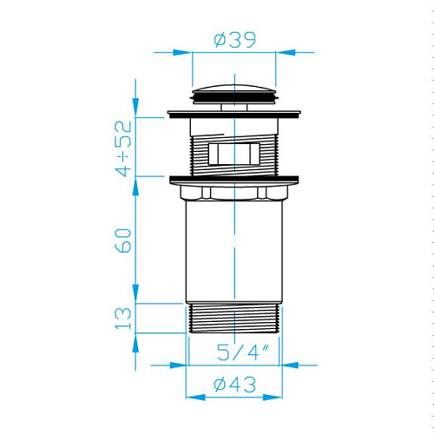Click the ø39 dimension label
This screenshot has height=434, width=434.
click(x=235, y=40)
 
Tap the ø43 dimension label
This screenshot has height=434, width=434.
click(x=235, y=385)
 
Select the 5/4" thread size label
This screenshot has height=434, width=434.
click(x=243, y=352)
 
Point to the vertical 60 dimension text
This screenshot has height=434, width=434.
click(x=123, y=240)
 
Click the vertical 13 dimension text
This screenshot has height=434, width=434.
click(x=123, y=319)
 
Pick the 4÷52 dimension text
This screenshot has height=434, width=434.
click(x=123, y=148)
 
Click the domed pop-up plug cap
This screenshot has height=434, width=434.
click(x=235, y=94)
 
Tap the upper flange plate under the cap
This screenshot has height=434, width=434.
click(x=234, y=115)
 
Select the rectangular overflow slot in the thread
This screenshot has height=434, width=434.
click(x=234, y=154)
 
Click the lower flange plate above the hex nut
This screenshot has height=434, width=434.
click(x=234, y=180)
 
